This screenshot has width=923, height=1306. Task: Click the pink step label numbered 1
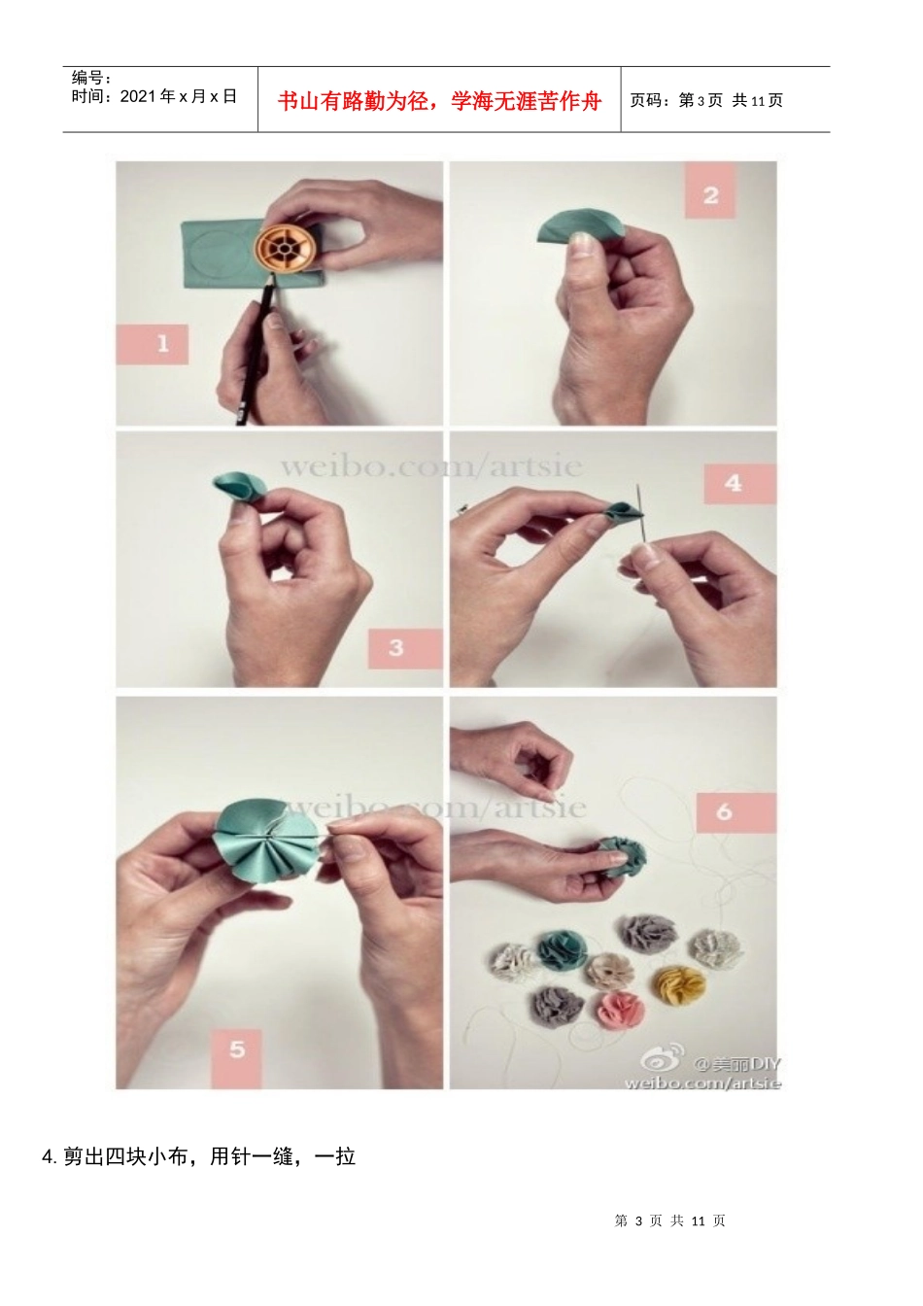(x=152, y=344)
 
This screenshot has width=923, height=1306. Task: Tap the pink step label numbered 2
(x=709, y=190)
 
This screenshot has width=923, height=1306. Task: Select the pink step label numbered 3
(x=404, y=648)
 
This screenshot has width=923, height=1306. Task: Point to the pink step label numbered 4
(x=739, y=483)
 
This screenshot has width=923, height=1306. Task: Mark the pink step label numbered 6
(x=736, y=812)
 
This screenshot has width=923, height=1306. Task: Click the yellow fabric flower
(x=678, y=984)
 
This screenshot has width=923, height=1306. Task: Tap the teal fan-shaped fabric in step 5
(x=263, y=842)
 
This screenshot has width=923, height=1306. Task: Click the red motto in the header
(x=439, y=101)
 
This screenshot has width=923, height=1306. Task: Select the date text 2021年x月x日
(x=179, y=97)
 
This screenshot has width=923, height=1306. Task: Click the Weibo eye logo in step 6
(x=662, y=1058)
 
